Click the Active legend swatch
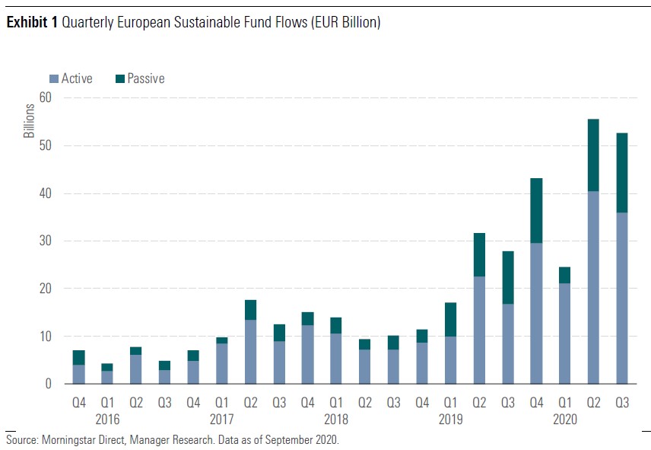[54, 78]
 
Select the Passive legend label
[145, 78]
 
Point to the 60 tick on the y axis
[45, 97]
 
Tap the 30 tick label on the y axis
[45, 241]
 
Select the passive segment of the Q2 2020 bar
[593, 155]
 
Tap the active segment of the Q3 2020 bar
[622, 298]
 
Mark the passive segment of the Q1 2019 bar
[451, 319]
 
